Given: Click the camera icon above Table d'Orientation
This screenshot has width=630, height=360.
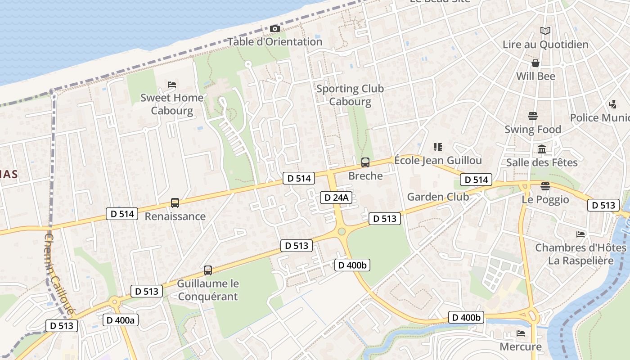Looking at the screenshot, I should [274, 29].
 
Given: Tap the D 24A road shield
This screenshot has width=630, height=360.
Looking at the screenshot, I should [336, 197].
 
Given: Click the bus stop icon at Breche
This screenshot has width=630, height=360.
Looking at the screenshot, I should [365, 162].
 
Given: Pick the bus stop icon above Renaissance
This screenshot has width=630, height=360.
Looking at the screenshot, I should [175, 203].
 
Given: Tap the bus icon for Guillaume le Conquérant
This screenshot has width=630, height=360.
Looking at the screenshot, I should [207, 270].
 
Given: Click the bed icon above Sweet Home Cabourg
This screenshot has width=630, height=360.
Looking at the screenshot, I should [171, 84].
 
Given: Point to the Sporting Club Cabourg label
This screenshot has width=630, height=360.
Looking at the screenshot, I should [350, 95].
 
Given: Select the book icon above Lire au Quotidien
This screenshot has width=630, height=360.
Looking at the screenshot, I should [545, 31].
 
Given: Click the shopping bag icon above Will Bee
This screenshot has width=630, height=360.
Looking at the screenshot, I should [535, 63].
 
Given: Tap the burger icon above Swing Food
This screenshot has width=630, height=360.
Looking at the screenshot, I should [533, 116].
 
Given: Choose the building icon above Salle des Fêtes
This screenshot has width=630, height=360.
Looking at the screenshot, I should [542, 149].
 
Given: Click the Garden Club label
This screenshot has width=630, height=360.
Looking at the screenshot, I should [438, 197].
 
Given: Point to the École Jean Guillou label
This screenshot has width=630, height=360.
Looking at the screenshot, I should [438, 160].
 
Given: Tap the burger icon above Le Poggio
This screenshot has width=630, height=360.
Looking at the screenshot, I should [545, 186].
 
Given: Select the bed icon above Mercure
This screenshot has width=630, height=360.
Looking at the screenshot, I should [521, 333].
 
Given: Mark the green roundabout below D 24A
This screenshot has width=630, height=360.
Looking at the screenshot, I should [342, 232].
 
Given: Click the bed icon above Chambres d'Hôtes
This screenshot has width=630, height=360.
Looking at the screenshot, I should [580, 234].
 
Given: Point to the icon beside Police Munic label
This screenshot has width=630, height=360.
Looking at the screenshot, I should [612, 104].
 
